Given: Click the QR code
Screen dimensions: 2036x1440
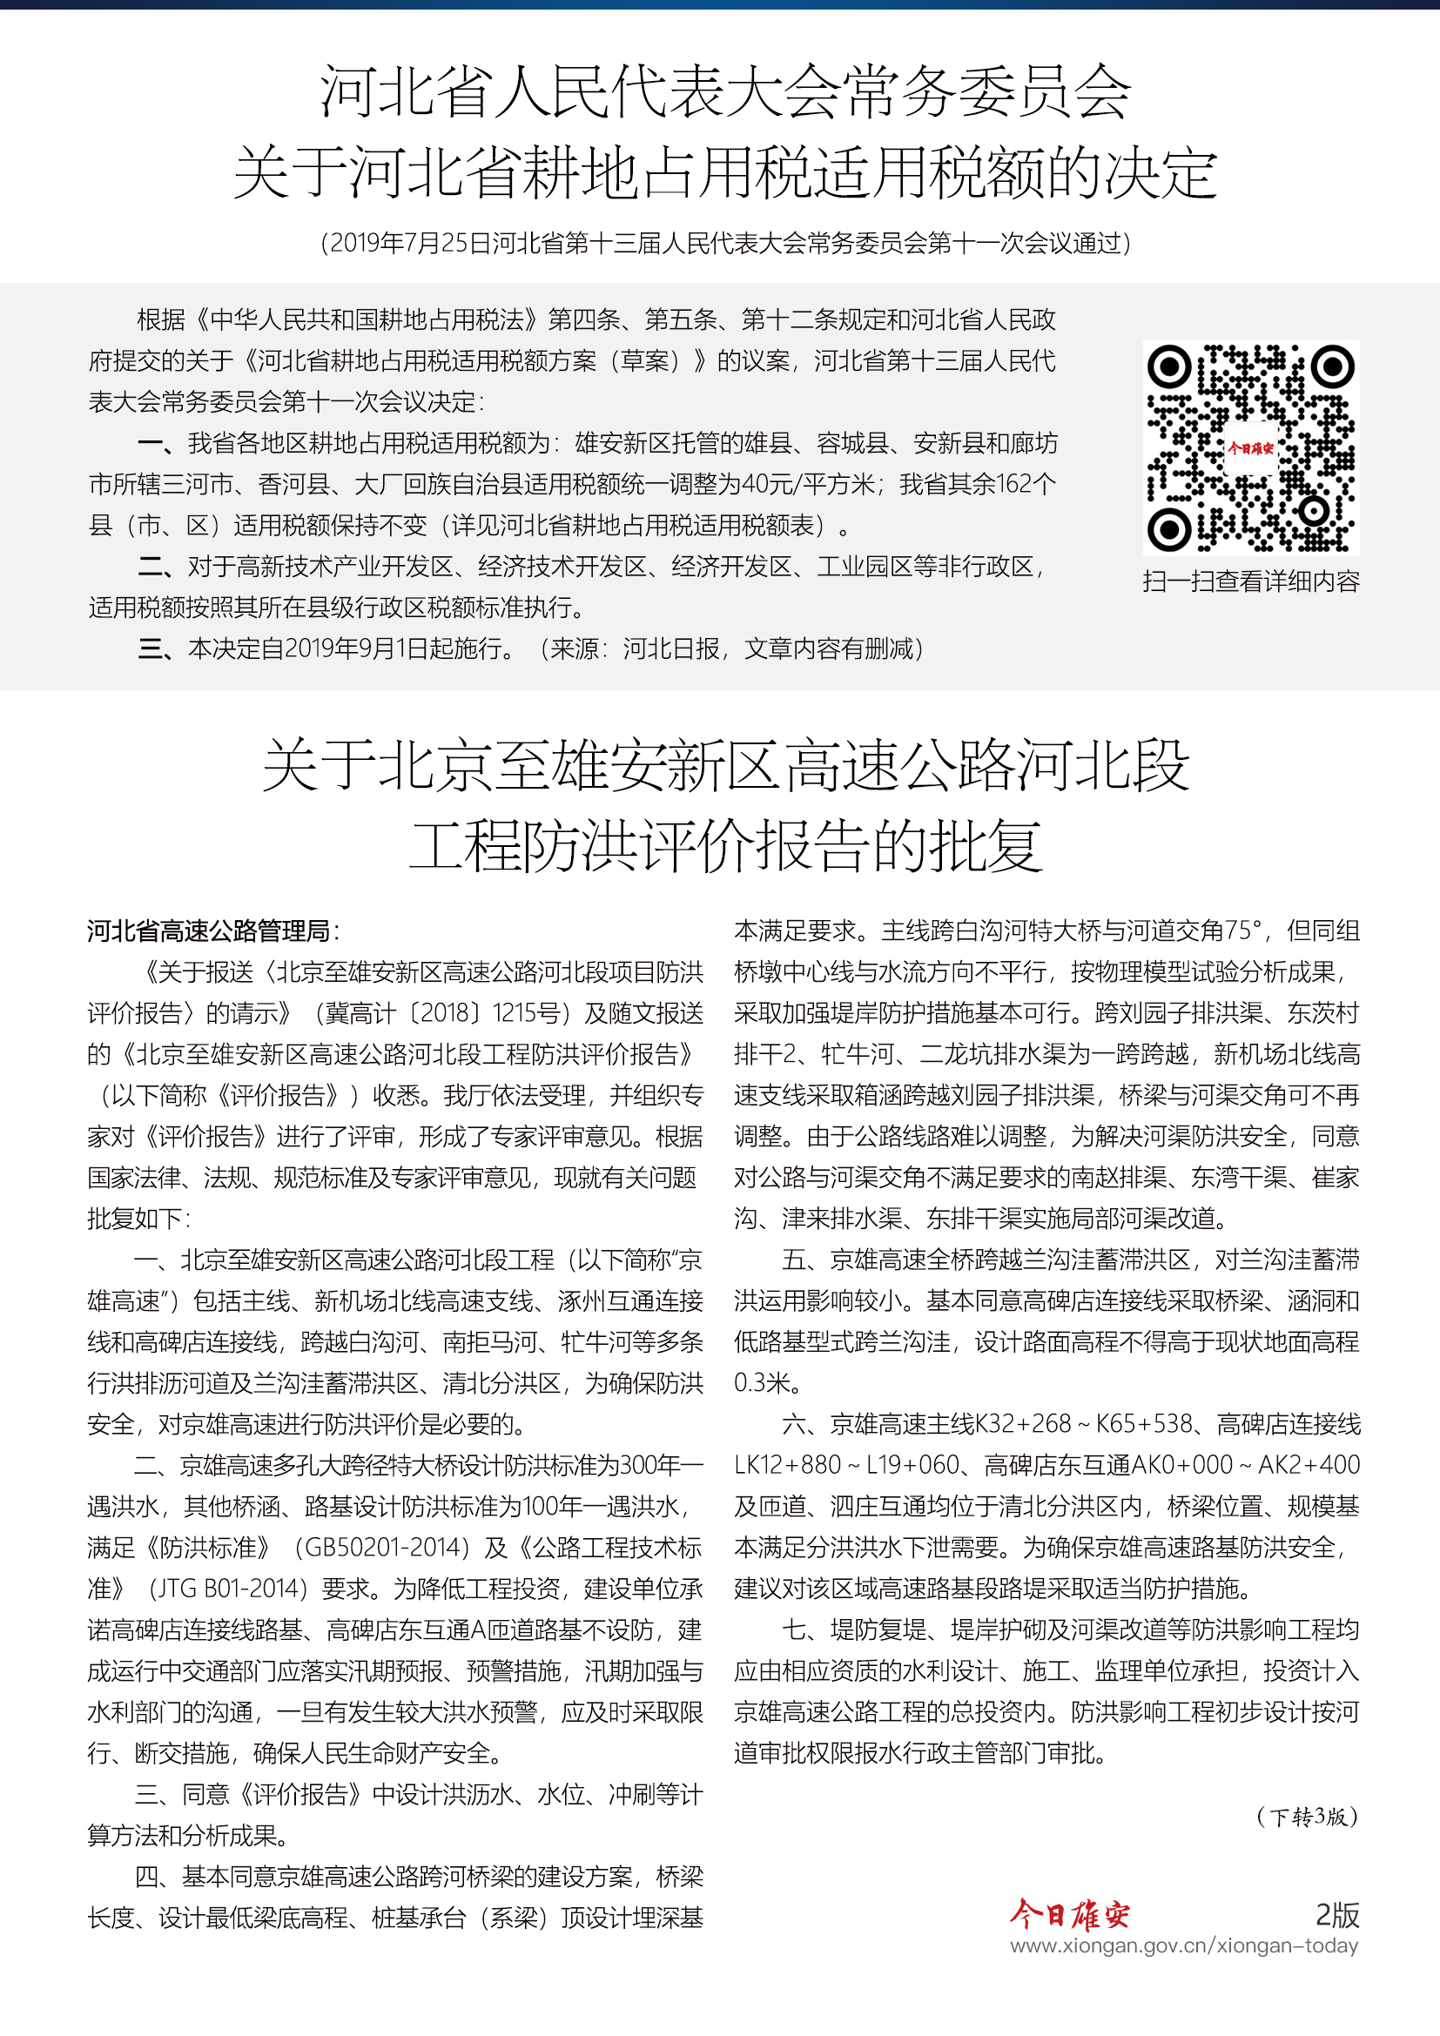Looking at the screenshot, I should click(1250, 447).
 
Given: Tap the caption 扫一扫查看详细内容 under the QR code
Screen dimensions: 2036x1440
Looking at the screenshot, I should click(1250, 581).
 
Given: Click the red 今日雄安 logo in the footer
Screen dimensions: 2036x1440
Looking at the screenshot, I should click(1069, 1914).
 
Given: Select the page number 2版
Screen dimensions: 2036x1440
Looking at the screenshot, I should click(1337, 1914).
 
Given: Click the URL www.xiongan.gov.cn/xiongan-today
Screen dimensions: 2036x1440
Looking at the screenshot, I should click(1184, 1945).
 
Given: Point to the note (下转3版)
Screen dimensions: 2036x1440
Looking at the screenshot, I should click(1307, 1816).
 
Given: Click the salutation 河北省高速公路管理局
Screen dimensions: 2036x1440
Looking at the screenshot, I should click(208, 931).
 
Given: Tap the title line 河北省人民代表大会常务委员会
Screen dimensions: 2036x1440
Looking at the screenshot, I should click(724, 91).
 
